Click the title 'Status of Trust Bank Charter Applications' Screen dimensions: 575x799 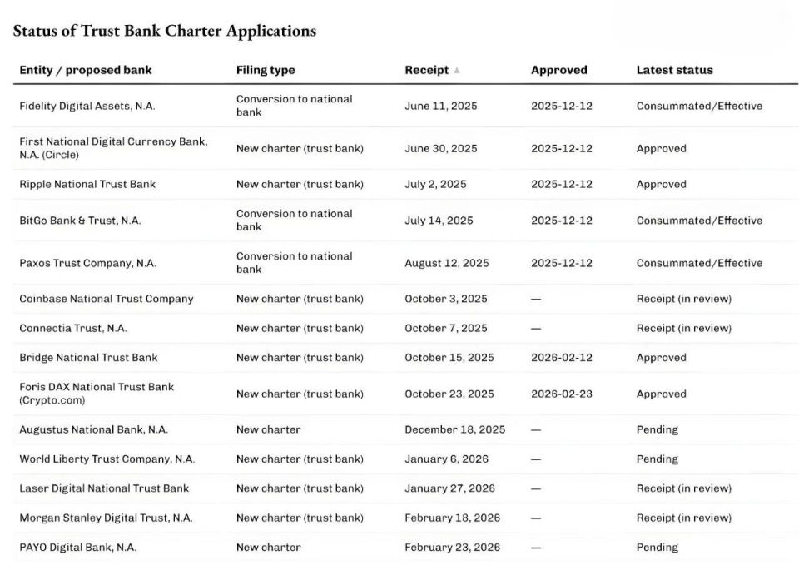click(165, 31)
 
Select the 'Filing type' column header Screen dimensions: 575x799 click(266, 71)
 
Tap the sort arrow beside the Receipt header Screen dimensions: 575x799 click(457, 71)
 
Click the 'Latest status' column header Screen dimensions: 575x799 click(674, 71)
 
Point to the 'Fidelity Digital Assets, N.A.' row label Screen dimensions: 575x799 click(87, 107)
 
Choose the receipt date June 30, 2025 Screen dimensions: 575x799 click(441, 149)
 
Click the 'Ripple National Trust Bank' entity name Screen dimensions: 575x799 click(87, 185)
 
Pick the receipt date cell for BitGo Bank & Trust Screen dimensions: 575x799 click(439, 221)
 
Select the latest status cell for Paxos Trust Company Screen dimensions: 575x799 click(699, 263)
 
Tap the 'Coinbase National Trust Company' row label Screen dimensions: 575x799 click(107, 299)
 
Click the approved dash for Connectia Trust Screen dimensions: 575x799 click(536, 329)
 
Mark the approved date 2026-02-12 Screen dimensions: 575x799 click(562, 358)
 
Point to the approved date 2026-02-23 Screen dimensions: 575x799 click(562, 394)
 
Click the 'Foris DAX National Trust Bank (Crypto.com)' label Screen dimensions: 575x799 click(97, 394)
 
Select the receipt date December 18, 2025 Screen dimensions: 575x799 click(454, 430)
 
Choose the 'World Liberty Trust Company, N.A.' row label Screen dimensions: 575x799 click(107, 459)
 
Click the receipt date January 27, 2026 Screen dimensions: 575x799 click(449, 488)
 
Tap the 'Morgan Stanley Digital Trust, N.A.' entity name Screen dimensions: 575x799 click(106, 518)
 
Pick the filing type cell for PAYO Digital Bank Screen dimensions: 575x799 click(268, 548)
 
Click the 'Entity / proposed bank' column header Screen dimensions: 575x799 click(86, 71)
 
